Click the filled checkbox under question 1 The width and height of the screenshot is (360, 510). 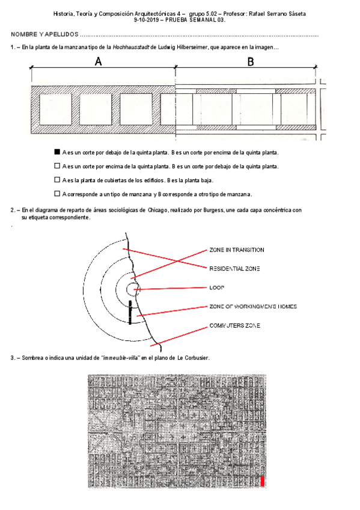pyautogui.click(x=57, y=152)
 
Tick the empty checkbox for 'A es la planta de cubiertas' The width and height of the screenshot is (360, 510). pyautogui.click(x=57, y=180)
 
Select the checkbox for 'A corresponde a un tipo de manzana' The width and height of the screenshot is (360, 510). pyautogui.click(x=57, y=194)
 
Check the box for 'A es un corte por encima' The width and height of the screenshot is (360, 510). pyautogui.click(x=57, y=166)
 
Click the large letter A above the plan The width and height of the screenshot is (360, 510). pyautogui.click(x=98, y=61)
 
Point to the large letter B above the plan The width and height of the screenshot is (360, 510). pyautogui.click(x=251, y=61)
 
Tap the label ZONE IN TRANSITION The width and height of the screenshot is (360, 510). pyautogui.click(x=237, y=250)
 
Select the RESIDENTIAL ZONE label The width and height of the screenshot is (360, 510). pyautogui.click(x=234, y=269)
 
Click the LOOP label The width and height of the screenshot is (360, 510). pyautogui.click(x=217, y=287)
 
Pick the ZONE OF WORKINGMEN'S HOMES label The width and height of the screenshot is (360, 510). pyautogui.click(x=253, y=306)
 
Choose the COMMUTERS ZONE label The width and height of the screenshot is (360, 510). pyautogui.click(x=234, y=325)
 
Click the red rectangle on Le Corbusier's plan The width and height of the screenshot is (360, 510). pyautogui.click(x=262, y=481)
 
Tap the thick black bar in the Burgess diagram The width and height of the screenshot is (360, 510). pyautogui.click(x=130, y=312)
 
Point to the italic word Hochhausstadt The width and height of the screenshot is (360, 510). pyautogui.click(x=131, y=47)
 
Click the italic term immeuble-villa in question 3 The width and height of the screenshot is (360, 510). pyautogui.click(x=121, y=358)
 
